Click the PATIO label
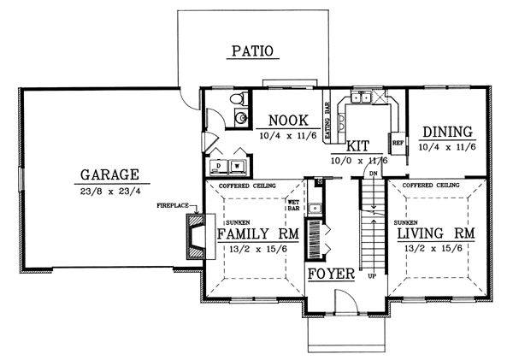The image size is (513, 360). (x=251, y=51)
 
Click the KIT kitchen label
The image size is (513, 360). (x=358, y=145)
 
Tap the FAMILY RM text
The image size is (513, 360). (x=256, y=233)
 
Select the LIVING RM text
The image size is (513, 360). (x=442, y=233)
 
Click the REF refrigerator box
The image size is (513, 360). (x=397, y=143)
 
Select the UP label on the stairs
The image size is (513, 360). (x=371, y=277)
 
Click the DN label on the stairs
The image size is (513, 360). (x=373, y=174)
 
